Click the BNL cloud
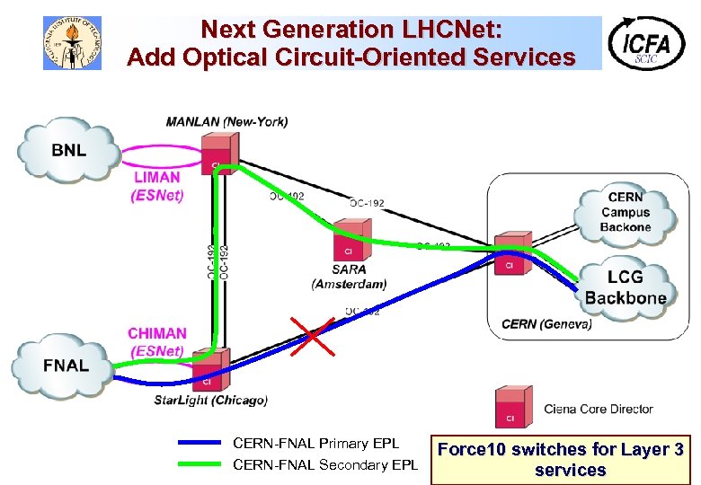[x=68, y=149]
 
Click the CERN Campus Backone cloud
[x=625, y=212]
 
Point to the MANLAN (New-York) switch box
[x=219, y=154]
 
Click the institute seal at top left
[x=73, y=42]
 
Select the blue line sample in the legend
[x=200, y=443]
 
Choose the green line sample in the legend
[x=200, y=464]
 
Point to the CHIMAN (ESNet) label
[x=157, y=342]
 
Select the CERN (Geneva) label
[x=546, y=324]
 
